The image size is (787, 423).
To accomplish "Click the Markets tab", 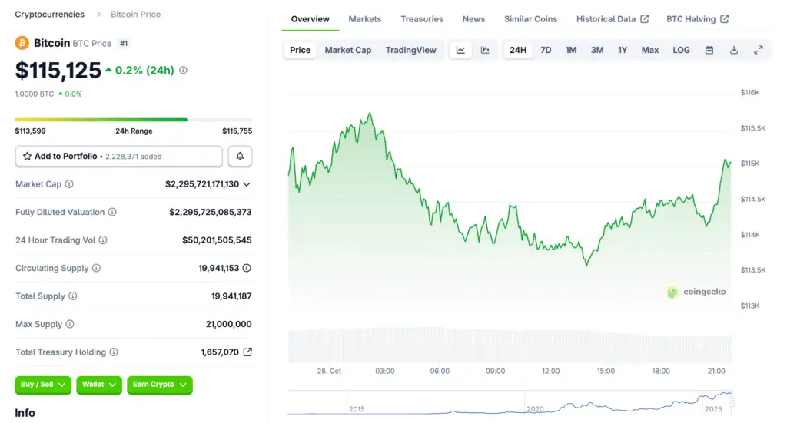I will coord(364,19).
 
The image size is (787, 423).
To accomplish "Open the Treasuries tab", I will coord(422,19).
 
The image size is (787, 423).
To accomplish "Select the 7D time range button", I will coord(546,50).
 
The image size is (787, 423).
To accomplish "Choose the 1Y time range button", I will coord(623,50).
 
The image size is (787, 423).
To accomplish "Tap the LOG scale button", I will coord(681,50).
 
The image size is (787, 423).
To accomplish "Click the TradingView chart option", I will coord(410,50).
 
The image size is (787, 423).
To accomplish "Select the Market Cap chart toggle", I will coord(347,50).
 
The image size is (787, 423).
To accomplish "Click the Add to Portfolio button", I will coord(118,156).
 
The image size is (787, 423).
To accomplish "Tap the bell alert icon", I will coord(240,156).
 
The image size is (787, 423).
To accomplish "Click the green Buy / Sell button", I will coord(43,384).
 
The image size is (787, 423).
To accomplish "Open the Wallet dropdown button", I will coord(98,384).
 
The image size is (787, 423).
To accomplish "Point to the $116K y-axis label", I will coord(749,92).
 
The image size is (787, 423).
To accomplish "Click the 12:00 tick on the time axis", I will coord(550,371).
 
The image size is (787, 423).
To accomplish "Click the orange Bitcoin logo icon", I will coord(22,43).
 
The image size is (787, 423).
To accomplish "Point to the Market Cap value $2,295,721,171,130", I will coord(202,184).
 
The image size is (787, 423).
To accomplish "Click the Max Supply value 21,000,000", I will coord(228,324).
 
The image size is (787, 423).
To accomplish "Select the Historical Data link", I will coord(612,19).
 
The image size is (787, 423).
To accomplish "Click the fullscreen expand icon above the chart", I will coord(758,50).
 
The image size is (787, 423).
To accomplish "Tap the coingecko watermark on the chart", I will coord(696,292).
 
